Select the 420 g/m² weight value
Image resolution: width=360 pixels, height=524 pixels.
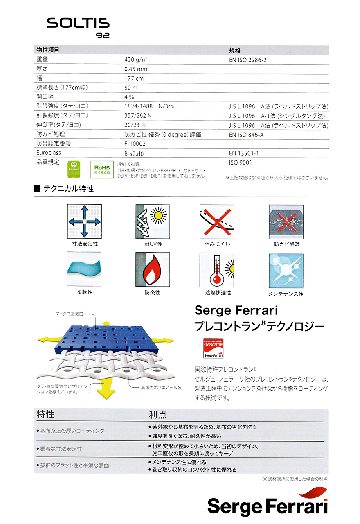coord(135,60)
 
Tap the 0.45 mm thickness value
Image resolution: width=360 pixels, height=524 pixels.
coord(136,69)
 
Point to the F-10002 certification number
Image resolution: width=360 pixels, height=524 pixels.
coord(135,144)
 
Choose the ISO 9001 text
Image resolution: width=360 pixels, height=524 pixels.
coord(241,163)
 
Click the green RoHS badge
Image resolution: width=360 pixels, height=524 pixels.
coord(102,169)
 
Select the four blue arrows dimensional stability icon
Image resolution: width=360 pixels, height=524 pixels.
coord(84,221)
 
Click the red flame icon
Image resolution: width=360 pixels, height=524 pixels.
coord(153,269)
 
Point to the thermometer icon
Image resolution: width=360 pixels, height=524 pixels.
coord(216,269)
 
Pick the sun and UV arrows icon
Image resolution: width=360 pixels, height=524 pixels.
coord(153,221)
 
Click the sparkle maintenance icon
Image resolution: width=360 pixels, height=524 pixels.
coord(286,271)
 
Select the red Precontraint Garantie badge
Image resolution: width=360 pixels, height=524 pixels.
coord(213,348)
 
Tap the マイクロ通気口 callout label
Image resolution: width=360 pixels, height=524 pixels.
coord(69,314)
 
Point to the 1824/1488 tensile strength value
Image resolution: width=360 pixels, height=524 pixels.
coord(149,106)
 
